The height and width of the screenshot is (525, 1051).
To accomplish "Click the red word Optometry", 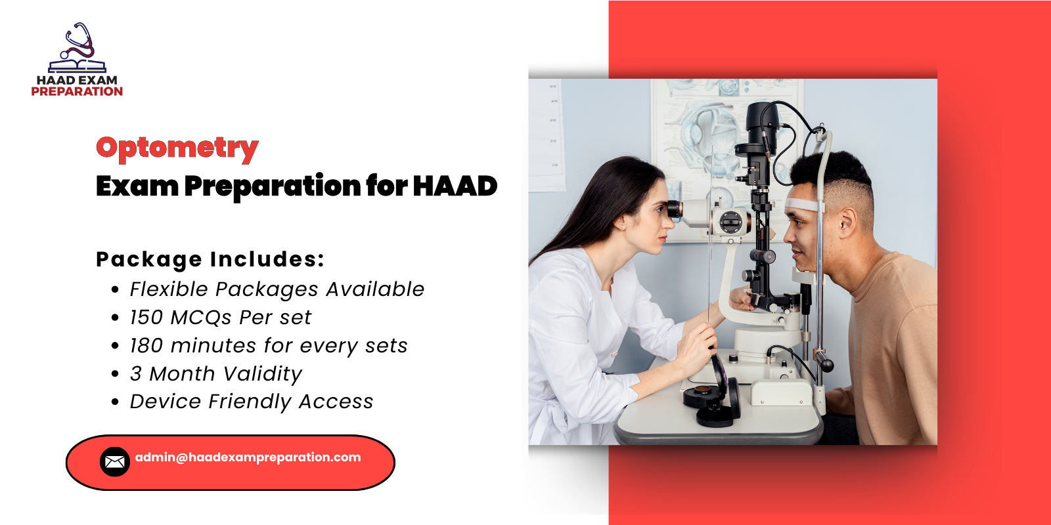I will click(x=177, y=148).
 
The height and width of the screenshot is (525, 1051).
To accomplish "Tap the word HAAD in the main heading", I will click(x=455, y=186).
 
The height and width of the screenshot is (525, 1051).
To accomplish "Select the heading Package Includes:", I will click(x=210, y=259).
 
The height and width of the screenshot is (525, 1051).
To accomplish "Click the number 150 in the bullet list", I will click(x=146, y=318).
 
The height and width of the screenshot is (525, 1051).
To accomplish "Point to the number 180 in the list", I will click(x=146, y=346).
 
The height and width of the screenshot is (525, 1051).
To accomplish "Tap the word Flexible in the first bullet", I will click(x=168, y=289).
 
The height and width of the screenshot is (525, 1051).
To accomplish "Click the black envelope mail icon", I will click(x=114, y=462).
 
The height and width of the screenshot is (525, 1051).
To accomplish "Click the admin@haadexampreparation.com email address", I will click(x=248, y=457).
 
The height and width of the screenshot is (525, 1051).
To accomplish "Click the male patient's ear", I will click(x=847, y=223).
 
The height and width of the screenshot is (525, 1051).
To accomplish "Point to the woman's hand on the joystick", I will click(x=696, y=345).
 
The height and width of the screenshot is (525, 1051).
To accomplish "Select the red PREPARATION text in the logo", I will click(x=77, y=92).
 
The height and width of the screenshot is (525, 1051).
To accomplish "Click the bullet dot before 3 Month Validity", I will click(x=115, y=374).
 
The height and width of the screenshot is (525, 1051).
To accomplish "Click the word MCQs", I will click(x=201, y=318).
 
